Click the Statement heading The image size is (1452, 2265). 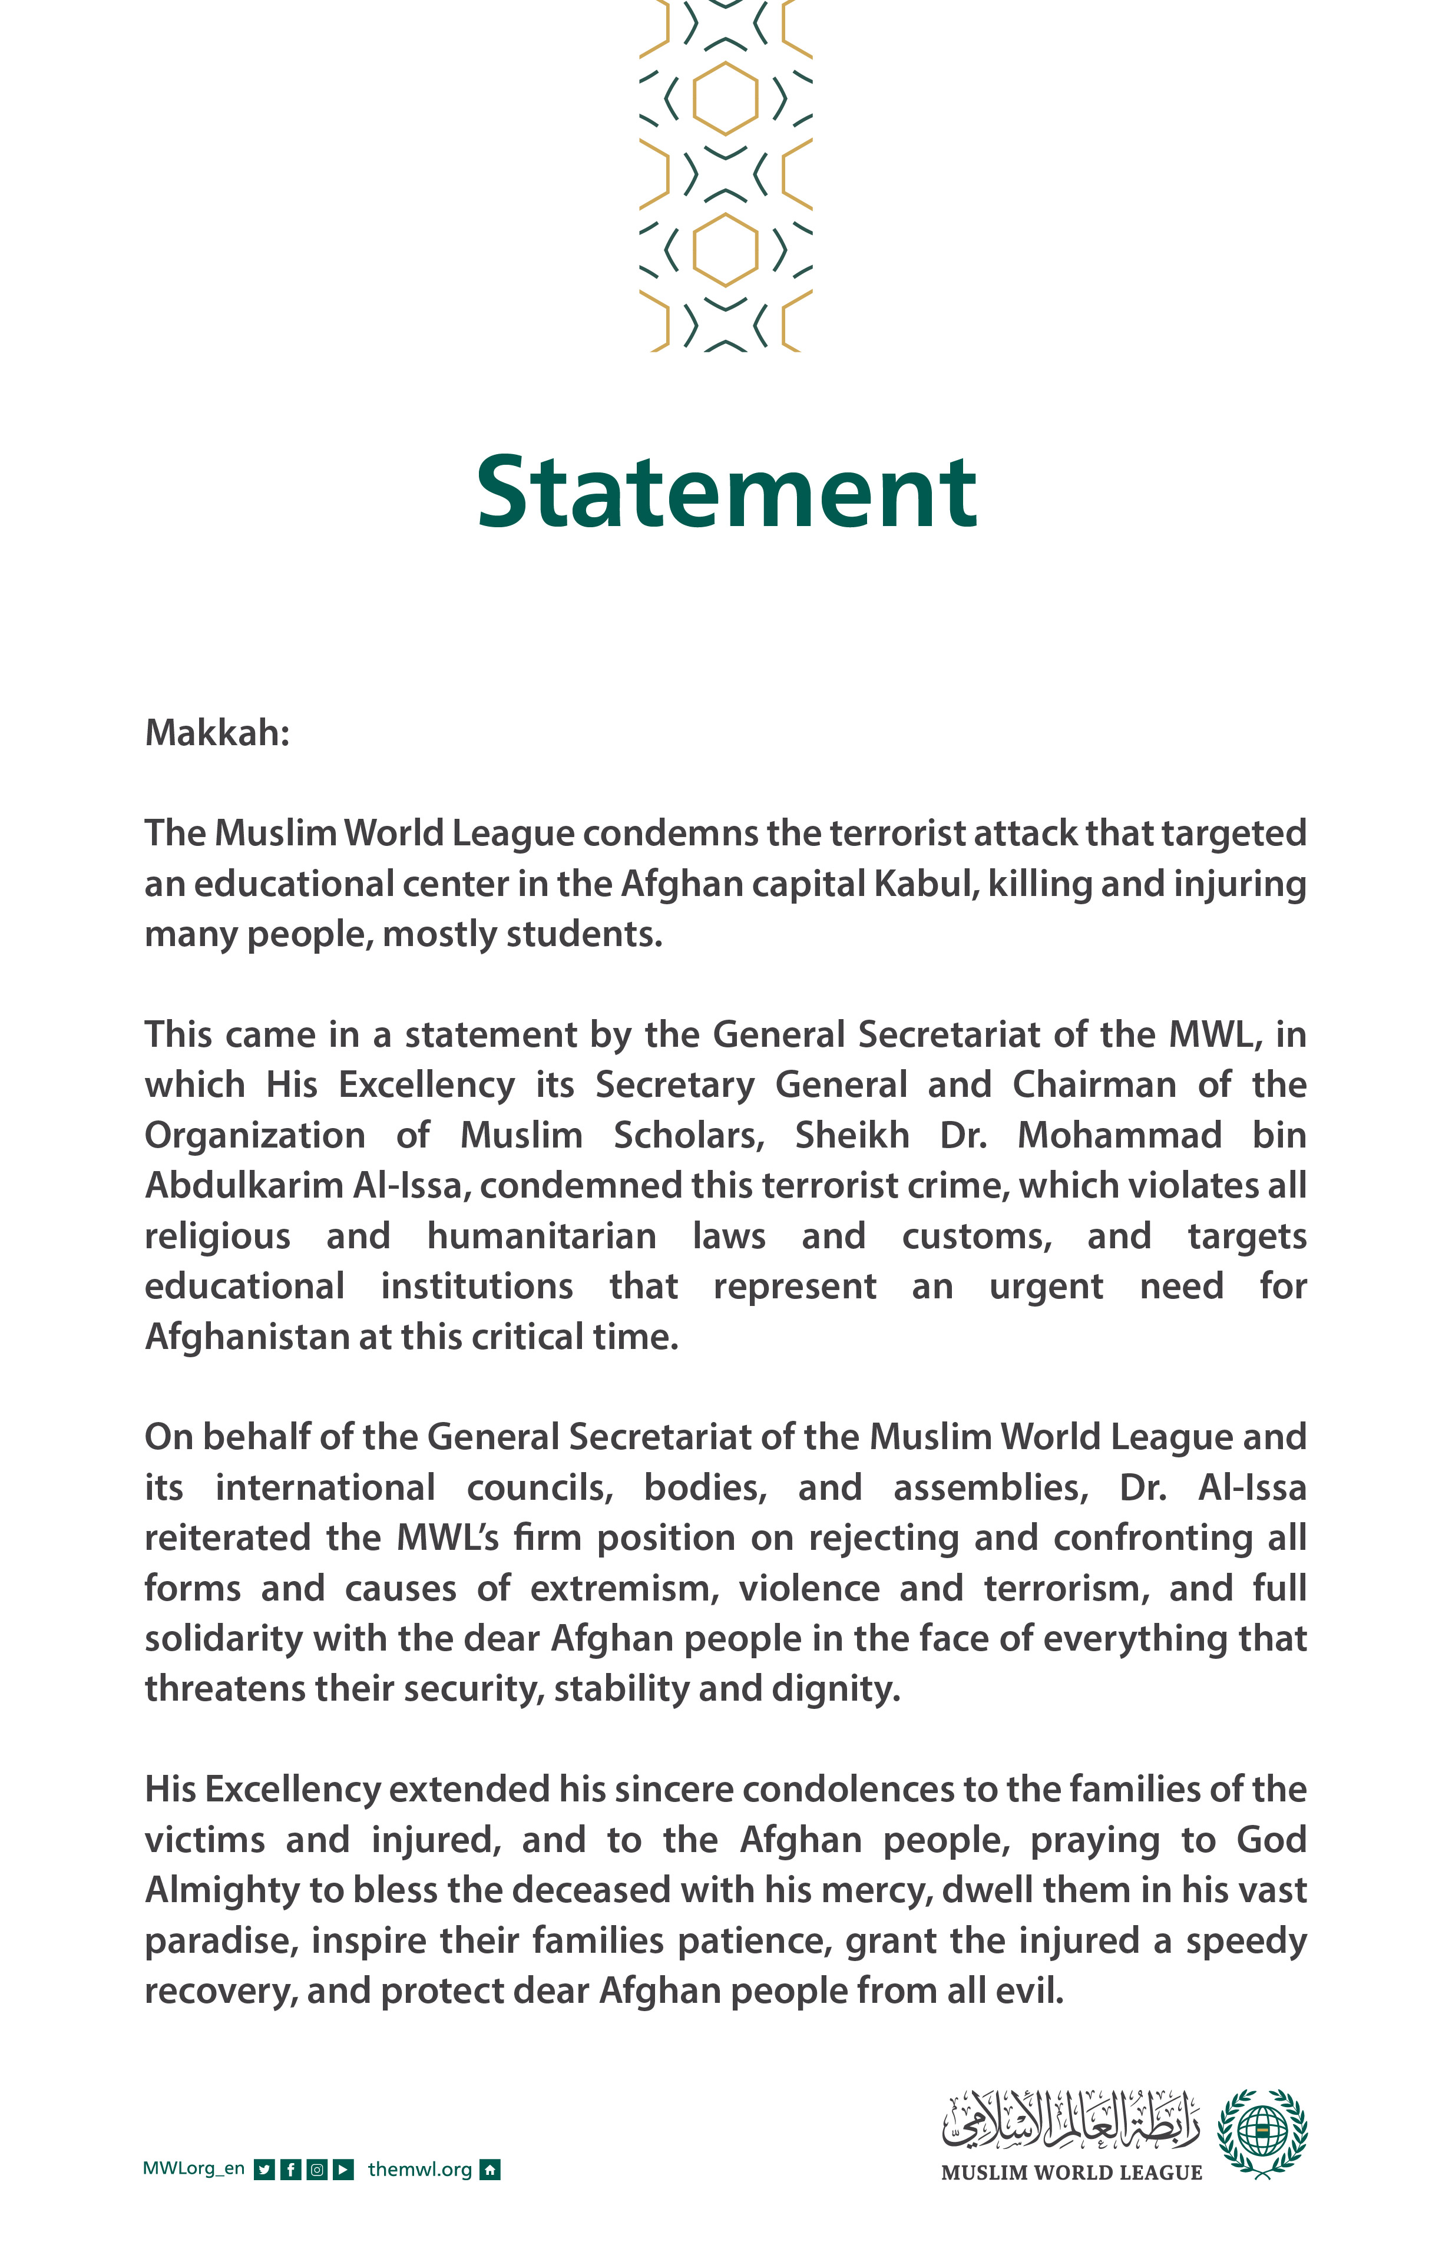tap(726, 492)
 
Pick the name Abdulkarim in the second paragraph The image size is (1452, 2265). tap(243, 1185)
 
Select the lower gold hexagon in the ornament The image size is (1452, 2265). tap(725, 249)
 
